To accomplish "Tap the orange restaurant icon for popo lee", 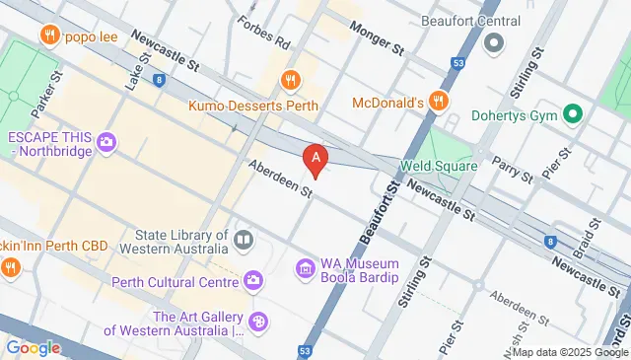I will (x=47, y=37).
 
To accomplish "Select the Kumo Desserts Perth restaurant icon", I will (x=289, y=81).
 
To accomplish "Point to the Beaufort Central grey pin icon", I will (x=493, y=41).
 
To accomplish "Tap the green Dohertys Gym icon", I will (x=570, y=114).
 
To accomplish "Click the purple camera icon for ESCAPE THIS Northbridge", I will (x=106, y=145).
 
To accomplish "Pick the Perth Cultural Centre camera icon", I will (x=254, y=282).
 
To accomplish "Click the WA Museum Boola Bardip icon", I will (x=305, y=268).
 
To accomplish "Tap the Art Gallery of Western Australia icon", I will (x=258, y=322).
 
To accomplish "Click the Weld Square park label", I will (x=439, y=166).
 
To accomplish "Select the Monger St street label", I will (x=377, y=40).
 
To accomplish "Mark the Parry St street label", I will (x=512, y=170).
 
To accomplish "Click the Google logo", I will (x=33, y=347).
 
